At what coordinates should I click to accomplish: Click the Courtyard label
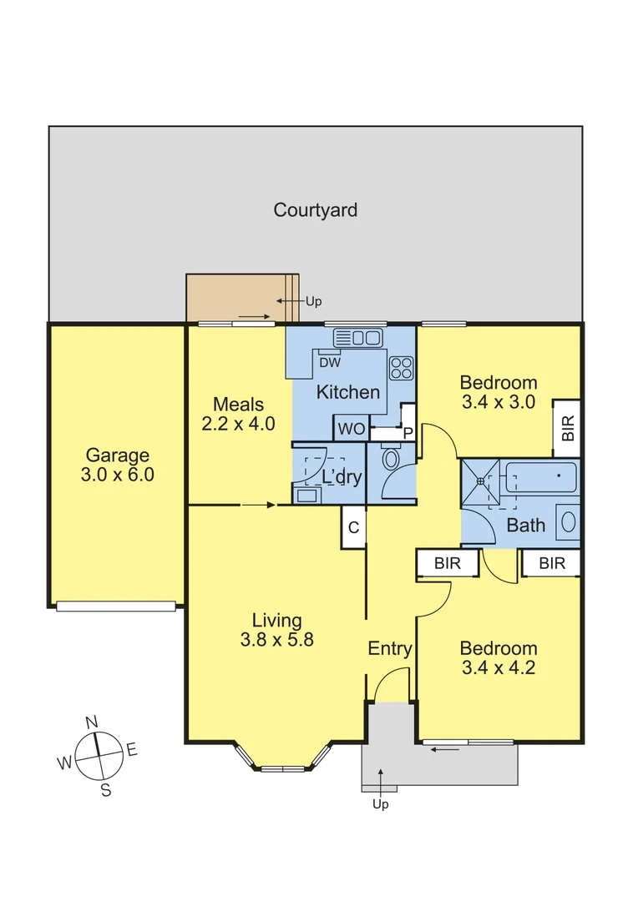pos(316,210)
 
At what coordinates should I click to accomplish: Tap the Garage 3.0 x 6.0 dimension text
pos(118,476)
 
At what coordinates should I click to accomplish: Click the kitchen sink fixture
pos(357,338)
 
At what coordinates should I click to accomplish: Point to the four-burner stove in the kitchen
pos(401,368)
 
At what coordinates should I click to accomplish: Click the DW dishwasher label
pos(329,363)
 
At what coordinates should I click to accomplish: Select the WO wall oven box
pos(350,430)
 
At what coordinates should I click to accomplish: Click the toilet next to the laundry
pos(391,460)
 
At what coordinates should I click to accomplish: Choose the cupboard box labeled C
pos(353,527)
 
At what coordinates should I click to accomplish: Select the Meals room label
pos(238,403)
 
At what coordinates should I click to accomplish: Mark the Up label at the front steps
pos(380,804)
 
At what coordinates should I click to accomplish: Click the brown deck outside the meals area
pos(235,298)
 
